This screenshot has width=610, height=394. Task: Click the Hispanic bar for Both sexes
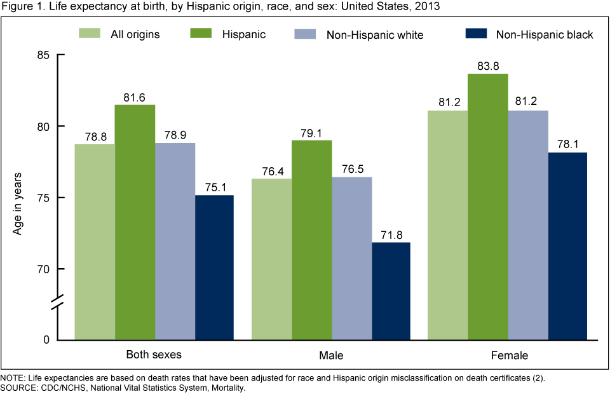(135, 222)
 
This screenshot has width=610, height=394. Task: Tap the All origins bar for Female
(447, 225)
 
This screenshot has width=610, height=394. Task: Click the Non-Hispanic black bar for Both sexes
(214, 267)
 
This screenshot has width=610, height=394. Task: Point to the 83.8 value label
(488, 64)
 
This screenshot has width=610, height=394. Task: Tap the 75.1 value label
(214, 186)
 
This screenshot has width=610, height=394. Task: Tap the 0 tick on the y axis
(46, 340)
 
